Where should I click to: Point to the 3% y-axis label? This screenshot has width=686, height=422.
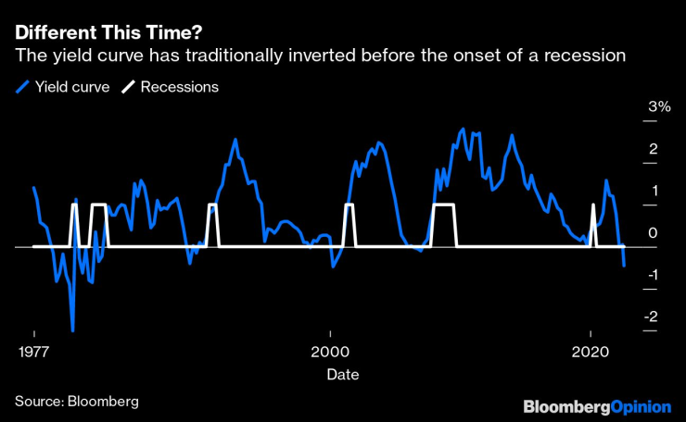659,107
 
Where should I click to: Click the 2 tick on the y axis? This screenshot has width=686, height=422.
653,149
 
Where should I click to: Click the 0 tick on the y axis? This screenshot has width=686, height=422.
653,233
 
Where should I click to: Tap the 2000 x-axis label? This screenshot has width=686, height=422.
328,353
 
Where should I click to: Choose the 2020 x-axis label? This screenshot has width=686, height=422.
591,353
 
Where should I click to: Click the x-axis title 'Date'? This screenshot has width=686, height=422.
342,375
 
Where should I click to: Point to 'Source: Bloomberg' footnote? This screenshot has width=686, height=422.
76,401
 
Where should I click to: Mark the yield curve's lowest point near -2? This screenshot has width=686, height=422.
72,330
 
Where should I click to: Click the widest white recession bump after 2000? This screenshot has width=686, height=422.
444,205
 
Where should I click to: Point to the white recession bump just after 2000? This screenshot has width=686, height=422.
349,205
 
